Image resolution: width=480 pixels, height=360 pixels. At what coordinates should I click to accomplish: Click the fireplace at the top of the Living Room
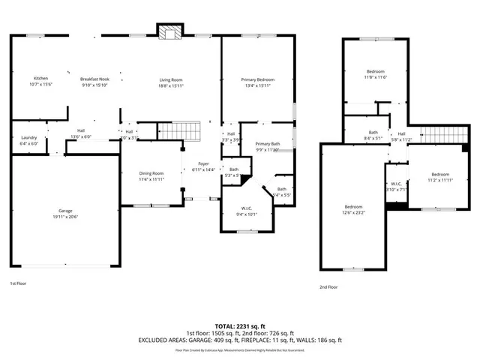pyautogui.click(x=169, y=31)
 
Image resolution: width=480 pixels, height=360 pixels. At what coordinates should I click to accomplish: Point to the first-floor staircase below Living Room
pyautogui.click(x=181, y=132)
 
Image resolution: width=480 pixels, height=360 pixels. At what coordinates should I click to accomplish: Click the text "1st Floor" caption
pyautogui.click(x=19, y=284)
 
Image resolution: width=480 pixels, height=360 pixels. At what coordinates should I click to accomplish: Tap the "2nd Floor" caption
pyautogui.click(x=328, y=286)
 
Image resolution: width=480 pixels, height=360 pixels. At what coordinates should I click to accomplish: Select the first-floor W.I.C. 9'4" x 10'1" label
pyautogui.click(x=246, y=210)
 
